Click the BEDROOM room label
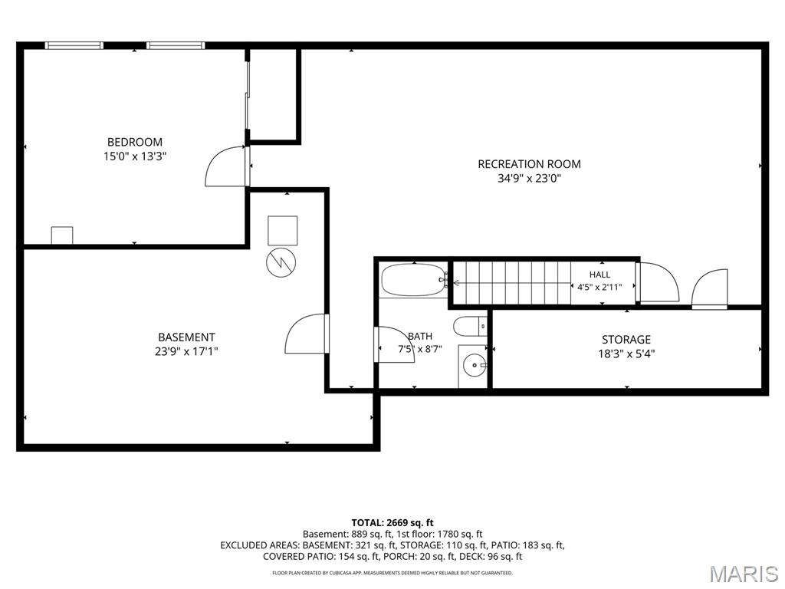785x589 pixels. [x=135, y=142]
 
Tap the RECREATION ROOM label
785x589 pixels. [x=529, y=164]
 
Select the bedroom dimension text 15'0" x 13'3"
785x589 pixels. [x=135, y=156]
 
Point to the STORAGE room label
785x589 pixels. [x=626, y=340]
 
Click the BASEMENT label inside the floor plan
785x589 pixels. [x=186, y=337]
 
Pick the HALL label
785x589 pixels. [x=599, y=275]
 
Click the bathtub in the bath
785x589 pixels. [x=413, y=280]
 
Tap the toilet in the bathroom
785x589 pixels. [x=470, y=327]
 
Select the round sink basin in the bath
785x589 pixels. [x=474, y=366]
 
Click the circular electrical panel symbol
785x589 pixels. [x=281, y=262]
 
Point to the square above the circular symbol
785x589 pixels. [x=282, y=230]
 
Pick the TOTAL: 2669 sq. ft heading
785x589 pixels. [x=392, y=523]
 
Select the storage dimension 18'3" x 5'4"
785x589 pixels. [x=626, y=354]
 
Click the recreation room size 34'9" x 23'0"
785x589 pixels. [x=529, y=178]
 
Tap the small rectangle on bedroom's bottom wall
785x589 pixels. [x=62, y=235]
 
